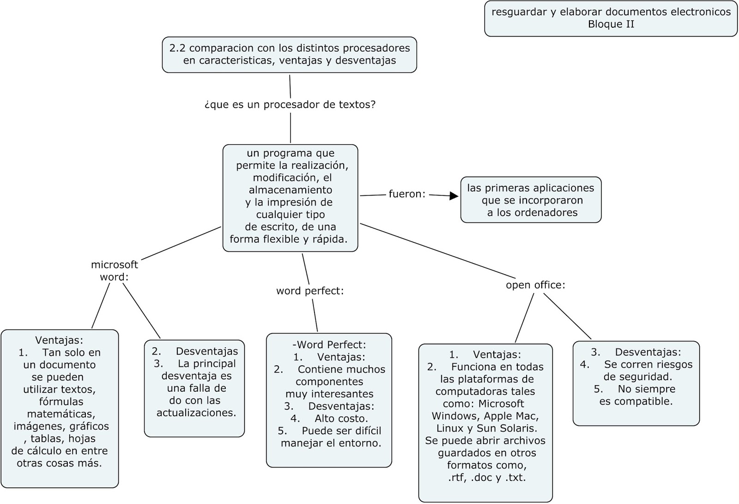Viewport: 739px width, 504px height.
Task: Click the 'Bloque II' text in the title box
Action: pyautogui.click(x=611, y=25)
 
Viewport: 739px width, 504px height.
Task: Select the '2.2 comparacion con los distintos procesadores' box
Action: pyautogui.click(x=290, y=55)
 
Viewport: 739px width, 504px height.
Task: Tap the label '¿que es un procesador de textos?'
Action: pyautogui.click(x=290, y=105)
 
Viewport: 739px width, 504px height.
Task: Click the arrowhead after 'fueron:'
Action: pyautogui.click(x=454, y=196)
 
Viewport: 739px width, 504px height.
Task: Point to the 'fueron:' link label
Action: pyautogui.click(x=406, y=194)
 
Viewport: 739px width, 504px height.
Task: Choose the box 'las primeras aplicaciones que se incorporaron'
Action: pyautogui.click(x=531, y=200)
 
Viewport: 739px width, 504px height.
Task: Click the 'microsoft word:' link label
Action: pyautogui.click(x=114, y=271)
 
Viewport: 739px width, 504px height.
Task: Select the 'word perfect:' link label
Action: pyautogui.click(x=310, y=291)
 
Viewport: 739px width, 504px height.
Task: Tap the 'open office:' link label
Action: pyautogui.click(x=535, y=285)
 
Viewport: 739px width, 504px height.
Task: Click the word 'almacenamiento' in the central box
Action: pyautogui.click(x=290, y=190)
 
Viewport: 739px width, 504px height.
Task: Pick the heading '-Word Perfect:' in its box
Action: pyautogui.click(x=329, y=345)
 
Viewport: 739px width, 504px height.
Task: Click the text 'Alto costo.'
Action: pyautogui.click(x=341, y=419)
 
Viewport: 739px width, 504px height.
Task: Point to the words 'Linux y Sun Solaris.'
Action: pyautogui.click(x=486, y=429)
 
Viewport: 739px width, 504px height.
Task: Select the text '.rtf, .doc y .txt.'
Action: pyautogui.click(x=486, y=478)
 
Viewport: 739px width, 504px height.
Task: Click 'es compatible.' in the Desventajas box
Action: pyautogui.click(x=636, y=401)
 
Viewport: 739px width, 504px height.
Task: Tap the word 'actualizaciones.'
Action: pyautogui.click(x=196, y=413)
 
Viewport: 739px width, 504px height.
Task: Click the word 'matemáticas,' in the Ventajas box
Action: pyautogui.click(x=61, y=414)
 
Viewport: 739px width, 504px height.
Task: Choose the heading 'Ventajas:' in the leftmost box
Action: pyautogui.click(x=59, y=340)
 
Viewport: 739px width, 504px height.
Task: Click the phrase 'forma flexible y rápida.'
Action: pyautogui.click(x=288, y=240)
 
